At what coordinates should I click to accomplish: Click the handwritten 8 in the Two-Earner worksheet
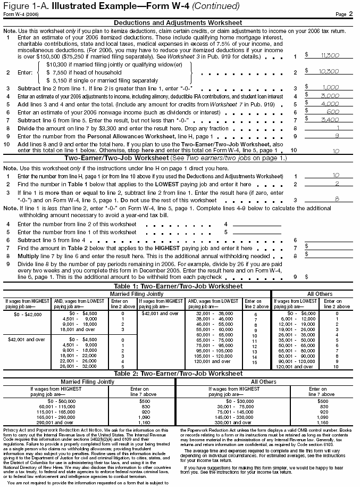336,198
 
